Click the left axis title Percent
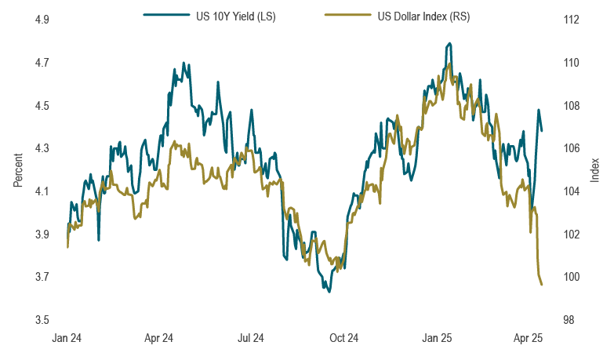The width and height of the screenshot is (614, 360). click(18, 169)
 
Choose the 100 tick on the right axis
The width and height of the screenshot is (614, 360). click(571, 277)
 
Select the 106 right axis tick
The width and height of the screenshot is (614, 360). click(571, 148)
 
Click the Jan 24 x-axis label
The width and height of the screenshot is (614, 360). click(67, 338)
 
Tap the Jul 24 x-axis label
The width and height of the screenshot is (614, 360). click(251, 338)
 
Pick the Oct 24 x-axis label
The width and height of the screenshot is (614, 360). click(343, 338)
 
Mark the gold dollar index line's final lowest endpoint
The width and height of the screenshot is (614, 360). click(542, 285)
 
